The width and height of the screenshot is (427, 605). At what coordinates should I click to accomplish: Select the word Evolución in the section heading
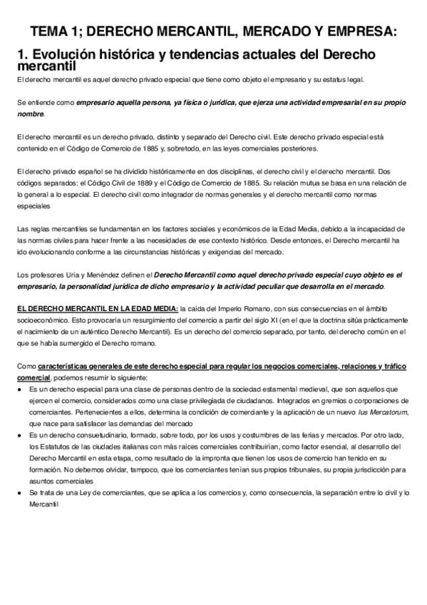click(66, 55)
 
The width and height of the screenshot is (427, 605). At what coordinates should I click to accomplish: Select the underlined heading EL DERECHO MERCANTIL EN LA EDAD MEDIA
click(98, 309)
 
